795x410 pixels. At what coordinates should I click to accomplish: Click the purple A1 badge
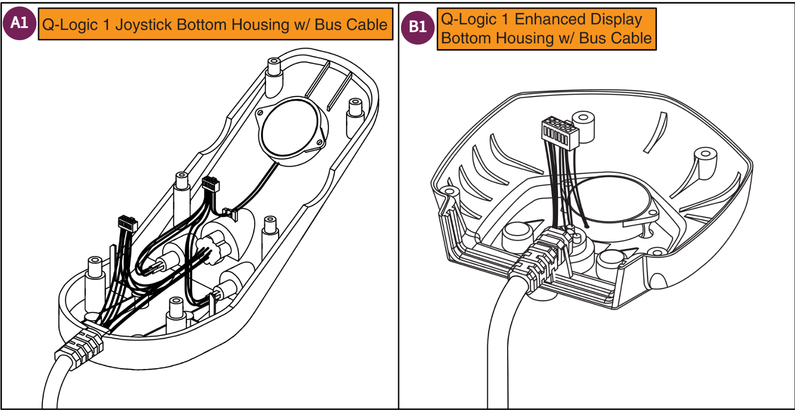click(19, 23)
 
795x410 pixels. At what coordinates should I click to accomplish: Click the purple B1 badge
click(417, 27)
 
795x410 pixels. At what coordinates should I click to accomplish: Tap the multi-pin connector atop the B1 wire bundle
click(559, 133)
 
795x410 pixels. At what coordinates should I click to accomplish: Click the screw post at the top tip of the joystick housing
click(274, 69)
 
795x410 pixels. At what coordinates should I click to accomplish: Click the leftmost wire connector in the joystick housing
click(127, 223)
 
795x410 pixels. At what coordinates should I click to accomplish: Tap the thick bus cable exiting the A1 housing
click(53, 387)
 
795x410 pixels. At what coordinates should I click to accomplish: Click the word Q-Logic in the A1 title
click(70, 24)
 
